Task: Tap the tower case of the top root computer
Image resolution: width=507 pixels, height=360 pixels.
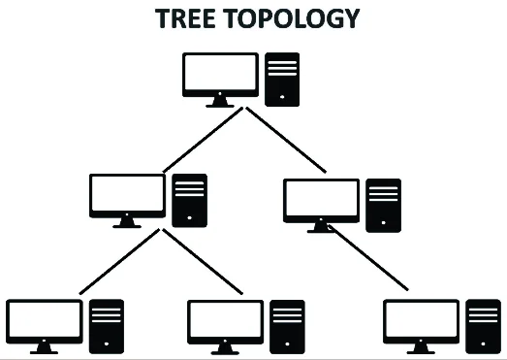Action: [282, 78]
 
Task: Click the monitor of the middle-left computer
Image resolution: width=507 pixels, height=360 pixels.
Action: [126, 196]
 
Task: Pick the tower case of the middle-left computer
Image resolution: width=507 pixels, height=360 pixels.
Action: [188, 200]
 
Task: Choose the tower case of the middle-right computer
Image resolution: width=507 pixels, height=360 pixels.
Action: [383, 205]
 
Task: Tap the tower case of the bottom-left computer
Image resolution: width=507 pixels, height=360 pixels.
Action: [107, 324]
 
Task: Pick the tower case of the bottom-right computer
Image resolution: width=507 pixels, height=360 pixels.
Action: [484, 324]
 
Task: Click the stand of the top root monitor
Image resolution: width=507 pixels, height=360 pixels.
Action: [220, 100]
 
